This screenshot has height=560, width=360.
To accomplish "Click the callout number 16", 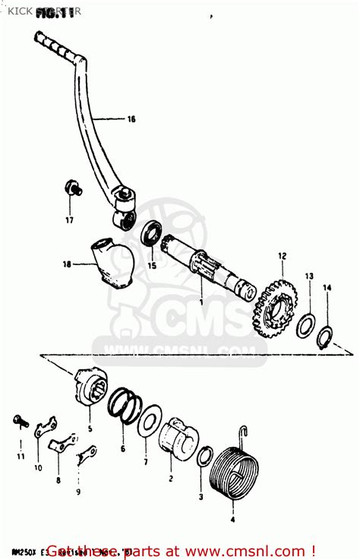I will tap(131, 119).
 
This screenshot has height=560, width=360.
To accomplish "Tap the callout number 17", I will tap(69, 220).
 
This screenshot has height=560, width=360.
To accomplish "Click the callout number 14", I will tap(327, 287).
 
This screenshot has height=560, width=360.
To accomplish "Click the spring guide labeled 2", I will tap(179, 438).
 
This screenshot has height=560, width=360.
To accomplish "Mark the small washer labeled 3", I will tap(205, 457).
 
